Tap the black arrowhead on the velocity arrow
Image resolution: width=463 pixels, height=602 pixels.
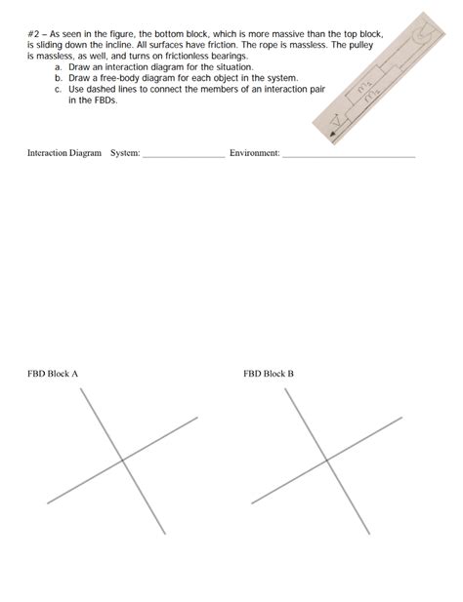[x=333, y=134]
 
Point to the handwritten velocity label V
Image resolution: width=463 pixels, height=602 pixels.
[x=337, y=120]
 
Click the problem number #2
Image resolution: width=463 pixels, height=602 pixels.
[x=33, y=34]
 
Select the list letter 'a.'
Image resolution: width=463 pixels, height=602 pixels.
[x=58, y=67]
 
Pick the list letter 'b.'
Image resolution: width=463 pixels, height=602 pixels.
[x=58, y=78]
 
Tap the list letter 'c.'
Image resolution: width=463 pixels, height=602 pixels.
[x=58, y=90]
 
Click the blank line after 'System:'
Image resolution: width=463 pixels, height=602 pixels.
[x=184, y=157]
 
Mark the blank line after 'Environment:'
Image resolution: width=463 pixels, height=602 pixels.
[x=349, y=157]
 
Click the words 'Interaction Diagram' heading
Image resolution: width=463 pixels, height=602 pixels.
[x=64, y=153]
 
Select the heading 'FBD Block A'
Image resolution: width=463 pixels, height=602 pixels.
[x=53, y=374]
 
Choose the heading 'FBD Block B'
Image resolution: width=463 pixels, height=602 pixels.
[x=269, y=374]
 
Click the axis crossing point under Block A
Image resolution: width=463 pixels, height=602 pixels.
[x=122, y=460]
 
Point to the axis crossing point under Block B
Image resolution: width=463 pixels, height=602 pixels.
[x=327, y=460]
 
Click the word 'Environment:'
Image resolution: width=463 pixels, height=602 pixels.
[x=255, y=153]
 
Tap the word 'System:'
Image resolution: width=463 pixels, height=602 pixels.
[x=125, y=153]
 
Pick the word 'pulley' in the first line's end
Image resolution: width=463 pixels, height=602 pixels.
[x=360, y=45]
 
